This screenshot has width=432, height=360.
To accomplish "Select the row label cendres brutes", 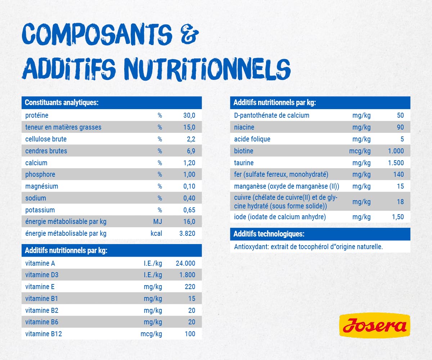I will [46, 151].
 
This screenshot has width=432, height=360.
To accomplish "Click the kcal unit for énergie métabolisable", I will [156, 234].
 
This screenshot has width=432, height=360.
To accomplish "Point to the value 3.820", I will [187, 234].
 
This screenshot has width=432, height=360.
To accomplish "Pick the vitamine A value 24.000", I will [185, 264].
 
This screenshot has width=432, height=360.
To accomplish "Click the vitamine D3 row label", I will [42, 275].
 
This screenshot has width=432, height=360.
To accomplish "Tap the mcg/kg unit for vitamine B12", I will [151, 334].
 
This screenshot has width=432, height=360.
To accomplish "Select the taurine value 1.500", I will [396, 163].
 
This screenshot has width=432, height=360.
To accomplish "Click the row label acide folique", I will [252, 139].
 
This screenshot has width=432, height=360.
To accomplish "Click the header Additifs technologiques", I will [269, 234].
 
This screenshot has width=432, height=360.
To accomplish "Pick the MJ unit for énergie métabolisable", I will [157, 222].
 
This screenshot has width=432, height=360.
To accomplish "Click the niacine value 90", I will [400, 127].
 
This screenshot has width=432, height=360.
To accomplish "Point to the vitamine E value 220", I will [190, 287].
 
